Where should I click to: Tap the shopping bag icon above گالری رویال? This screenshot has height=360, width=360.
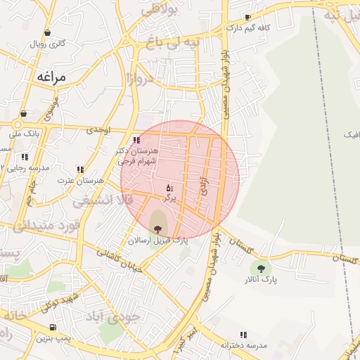(47, 32)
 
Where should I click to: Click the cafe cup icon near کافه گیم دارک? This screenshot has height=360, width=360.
(247, 17)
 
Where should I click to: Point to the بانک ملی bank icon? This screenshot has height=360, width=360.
(24, 113)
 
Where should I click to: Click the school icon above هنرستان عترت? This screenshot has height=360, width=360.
(81, 169)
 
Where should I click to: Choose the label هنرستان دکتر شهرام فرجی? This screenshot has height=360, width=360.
(139, 156)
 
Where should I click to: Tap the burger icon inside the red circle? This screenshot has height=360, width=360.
(169, 188)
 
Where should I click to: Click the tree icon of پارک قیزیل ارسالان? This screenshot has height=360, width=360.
(157, 228)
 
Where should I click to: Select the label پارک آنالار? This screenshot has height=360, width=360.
(262, 280)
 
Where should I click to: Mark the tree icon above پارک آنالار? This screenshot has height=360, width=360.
(262, 268)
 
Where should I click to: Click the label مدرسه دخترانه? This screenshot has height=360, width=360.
(244, 346)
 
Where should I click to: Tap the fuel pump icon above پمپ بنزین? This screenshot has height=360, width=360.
(53, 328)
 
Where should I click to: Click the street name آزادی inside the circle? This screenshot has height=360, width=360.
(205, 176)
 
